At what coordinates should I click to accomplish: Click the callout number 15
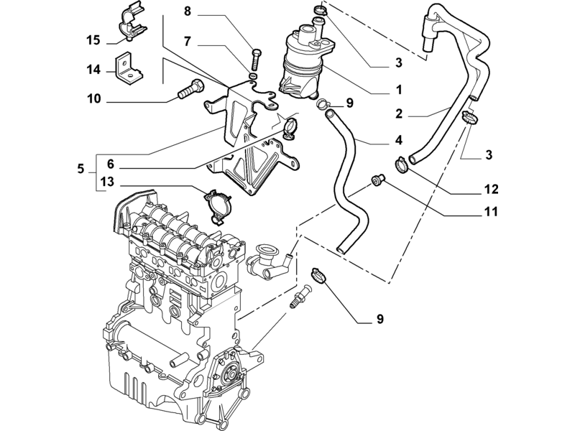point(93,40)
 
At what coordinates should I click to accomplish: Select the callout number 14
point(93,69)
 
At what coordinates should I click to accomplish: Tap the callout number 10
point(93,98)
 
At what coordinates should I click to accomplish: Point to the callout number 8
point(188,11)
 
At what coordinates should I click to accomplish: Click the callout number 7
point(188,42)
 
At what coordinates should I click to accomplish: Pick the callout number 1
point(399,89)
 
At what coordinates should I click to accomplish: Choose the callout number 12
point(492,189)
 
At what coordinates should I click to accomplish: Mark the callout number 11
point(491,211)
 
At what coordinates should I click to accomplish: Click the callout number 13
point(107,182)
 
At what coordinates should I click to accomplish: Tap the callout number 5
point(80,169)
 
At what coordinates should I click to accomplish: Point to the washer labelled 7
point(253,76)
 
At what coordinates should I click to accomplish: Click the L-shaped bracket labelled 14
point(129,69)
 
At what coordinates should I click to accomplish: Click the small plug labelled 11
point(377,180)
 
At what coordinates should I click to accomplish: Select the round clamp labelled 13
point(218,206)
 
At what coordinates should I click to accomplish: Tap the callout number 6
point(111,164)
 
